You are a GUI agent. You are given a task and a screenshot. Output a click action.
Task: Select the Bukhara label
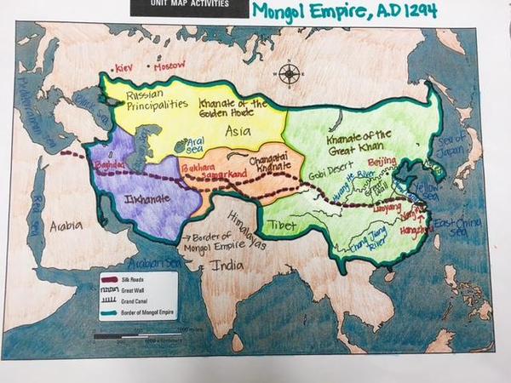click(x=198, y=170)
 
